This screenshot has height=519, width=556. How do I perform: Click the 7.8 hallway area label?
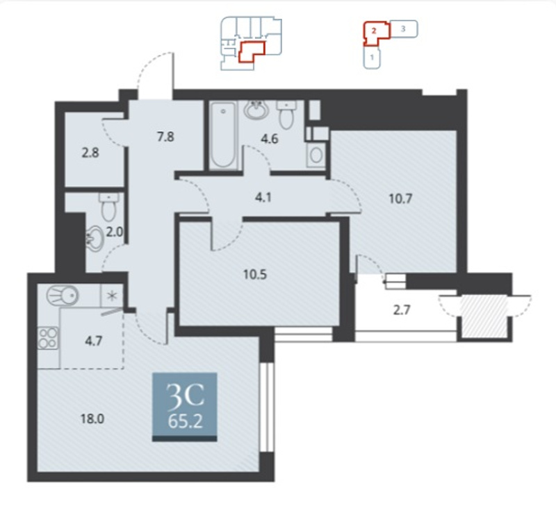(165, 136)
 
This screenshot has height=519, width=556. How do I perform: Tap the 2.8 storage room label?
(90, 153)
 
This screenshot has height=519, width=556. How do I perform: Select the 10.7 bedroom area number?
(400, 199)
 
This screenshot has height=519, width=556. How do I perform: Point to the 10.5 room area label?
(255, 274)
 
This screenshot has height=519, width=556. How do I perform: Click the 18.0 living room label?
(92, 419)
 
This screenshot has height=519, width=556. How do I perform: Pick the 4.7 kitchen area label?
(94, 341)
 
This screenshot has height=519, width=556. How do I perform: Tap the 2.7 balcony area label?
(402, 310)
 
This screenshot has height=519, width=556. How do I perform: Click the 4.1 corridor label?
(263, 197)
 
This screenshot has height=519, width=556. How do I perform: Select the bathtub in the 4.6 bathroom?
(223, 135)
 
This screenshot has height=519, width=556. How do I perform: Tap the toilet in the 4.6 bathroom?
(286, 114)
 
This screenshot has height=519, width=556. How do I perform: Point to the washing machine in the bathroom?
(316, 154)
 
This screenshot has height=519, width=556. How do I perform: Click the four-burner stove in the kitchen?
(49, 338)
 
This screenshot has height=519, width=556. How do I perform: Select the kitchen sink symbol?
(63, 295)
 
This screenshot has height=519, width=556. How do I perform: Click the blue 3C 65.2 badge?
(185, 407)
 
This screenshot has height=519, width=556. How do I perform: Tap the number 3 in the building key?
(403, 28)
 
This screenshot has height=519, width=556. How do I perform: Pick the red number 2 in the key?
(374, 31)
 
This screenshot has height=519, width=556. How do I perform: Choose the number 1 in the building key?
(372, 57)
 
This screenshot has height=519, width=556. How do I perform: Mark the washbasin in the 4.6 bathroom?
(256, 110)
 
